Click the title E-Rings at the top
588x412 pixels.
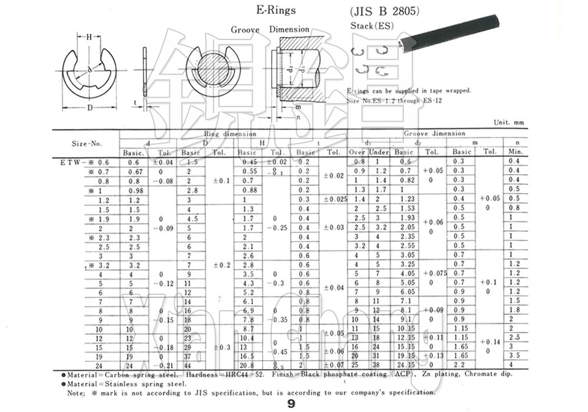(x=276, y=10)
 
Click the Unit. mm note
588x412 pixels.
(x=509, y=122)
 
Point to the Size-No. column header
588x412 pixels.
(x=87, y=143)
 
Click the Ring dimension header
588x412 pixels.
(x=230, y=134)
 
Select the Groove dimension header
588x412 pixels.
(x=435, y=134)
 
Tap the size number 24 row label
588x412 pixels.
(x=99, y=365)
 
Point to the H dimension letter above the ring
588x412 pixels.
(x=89, y=37)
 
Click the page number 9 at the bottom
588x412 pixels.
(x=291, y=404)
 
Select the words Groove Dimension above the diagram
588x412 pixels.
(x=270, y=29)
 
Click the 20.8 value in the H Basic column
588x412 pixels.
(x=248, y=365)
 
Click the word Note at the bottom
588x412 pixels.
(x=76, y=392)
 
